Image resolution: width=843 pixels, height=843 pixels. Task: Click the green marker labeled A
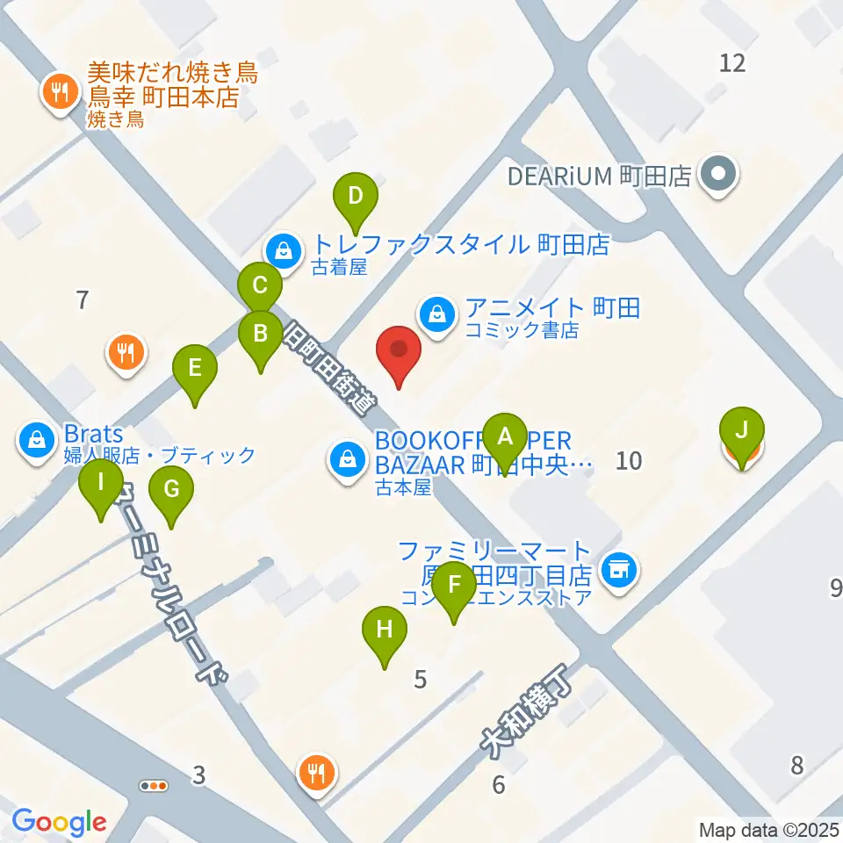(505, 436)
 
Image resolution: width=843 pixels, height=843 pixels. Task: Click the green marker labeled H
(385, 630)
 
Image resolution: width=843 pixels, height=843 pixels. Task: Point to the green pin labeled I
(101, 483)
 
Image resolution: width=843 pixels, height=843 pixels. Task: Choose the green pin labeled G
(170, 490)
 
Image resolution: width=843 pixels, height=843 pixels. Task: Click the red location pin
(399, 350)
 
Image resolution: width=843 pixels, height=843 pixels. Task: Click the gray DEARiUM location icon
(719, 175)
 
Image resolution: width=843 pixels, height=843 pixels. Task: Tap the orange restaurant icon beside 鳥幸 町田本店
(59, 90)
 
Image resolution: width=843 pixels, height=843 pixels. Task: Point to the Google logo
(59, 822)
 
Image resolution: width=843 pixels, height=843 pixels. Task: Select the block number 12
(731, 62)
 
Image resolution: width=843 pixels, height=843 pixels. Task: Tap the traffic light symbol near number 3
(155, 785)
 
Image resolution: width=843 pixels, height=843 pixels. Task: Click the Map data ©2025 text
(769, 828)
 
